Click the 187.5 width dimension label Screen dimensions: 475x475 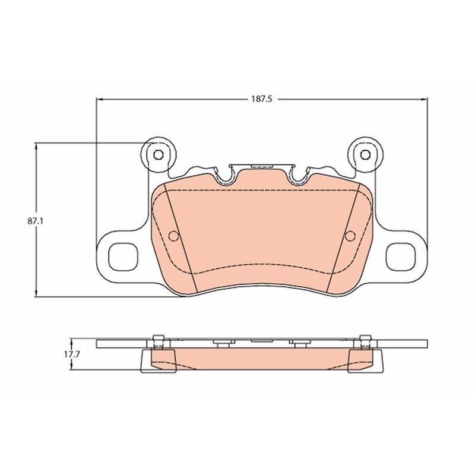[262, 99]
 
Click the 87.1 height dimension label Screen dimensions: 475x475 [36, 221]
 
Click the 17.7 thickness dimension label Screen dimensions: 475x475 [71, 354]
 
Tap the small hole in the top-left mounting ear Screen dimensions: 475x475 [158, 155]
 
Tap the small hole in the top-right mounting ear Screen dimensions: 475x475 [365, 155]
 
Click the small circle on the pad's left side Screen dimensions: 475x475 [173, 236]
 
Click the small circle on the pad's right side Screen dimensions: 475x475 [350, 236]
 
